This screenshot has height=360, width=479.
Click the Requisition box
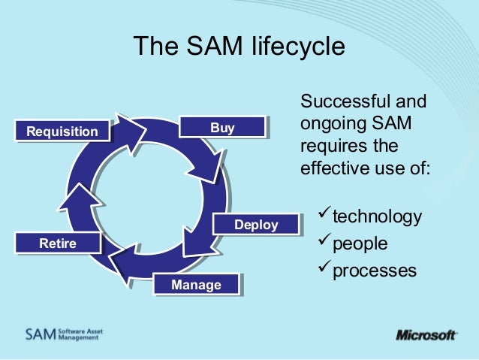(62, 133)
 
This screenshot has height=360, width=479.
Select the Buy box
(222, 129)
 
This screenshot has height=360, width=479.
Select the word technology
(377, 217)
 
